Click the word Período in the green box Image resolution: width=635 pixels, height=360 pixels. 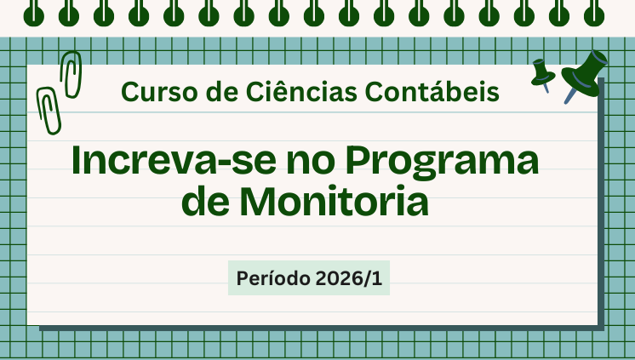[272, 278]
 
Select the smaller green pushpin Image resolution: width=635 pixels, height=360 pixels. [541, 73]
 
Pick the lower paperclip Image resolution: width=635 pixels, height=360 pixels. [48, 111]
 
